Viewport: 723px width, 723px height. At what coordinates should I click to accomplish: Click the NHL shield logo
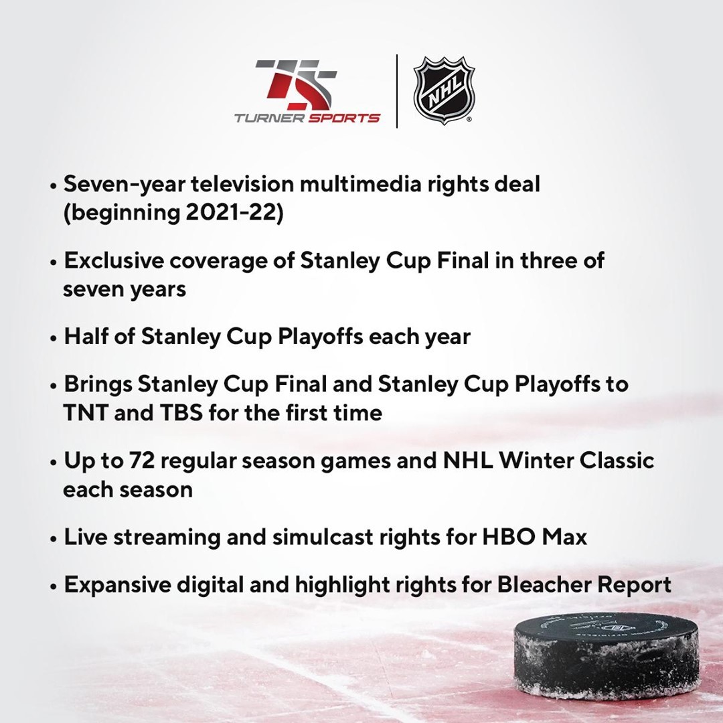click(444, 90)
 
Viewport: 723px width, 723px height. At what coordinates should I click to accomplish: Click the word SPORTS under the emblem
click(344, 118)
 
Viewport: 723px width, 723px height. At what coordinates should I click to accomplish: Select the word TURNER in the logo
click(269, 118)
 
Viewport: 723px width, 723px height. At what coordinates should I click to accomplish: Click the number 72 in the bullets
click(141, 460)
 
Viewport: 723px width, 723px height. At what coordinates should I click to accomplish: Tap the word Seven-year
click(125, 185)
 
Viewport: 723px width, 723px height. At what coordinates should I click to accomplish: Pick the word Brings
click(98, 385)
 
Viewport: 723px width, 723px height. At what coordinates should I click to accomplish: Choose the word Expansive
click(118, 586)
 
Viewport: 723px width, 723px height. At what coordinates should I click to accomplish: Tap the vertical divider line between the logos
click(397, 91)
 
